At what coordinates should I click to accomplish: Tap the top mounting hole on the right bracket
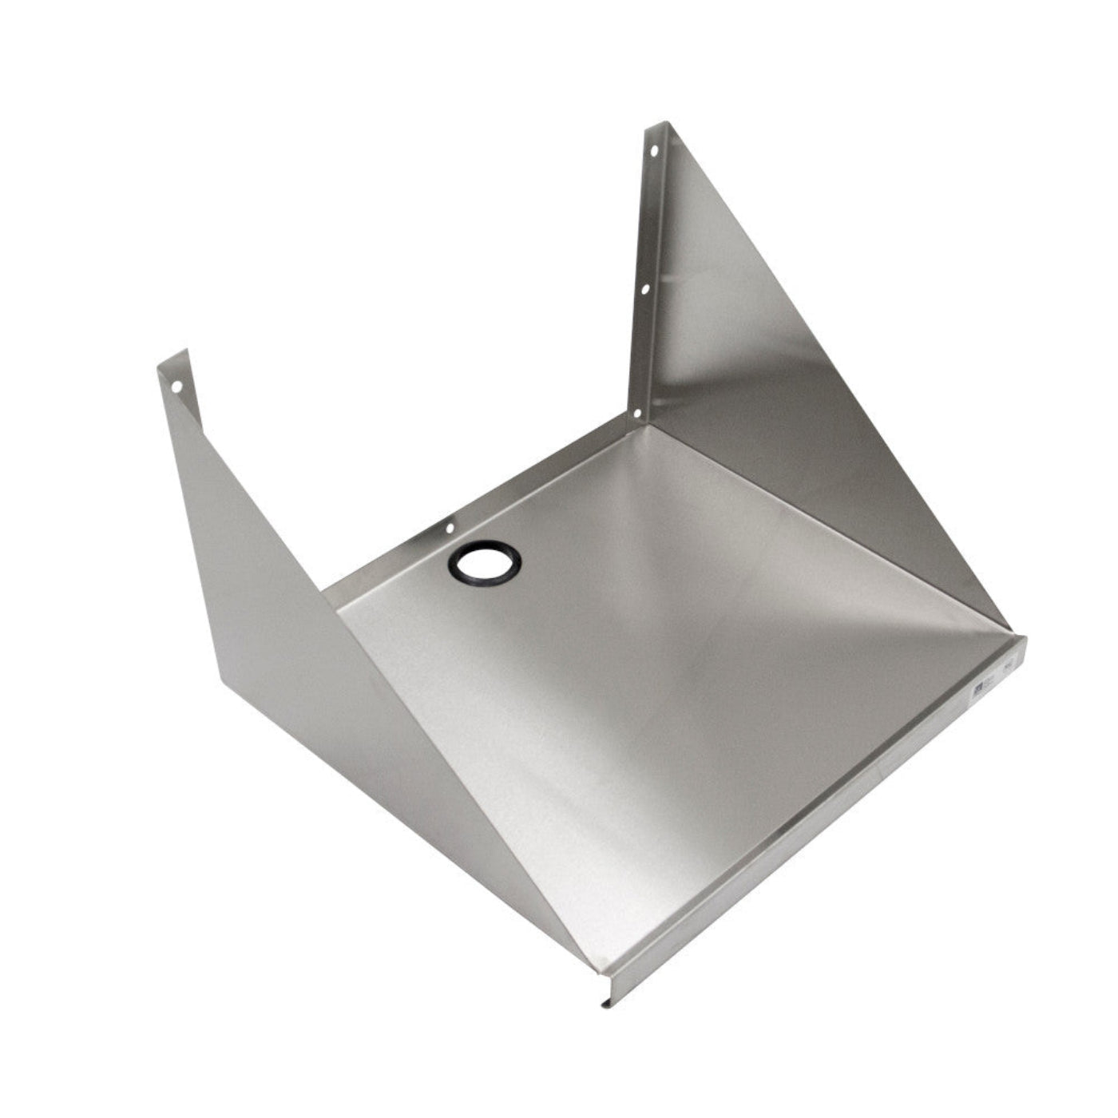654,149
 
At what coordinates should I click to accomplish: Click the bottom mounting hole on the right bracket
636,414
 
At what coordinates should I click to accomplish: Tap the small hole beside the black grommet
450,529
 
